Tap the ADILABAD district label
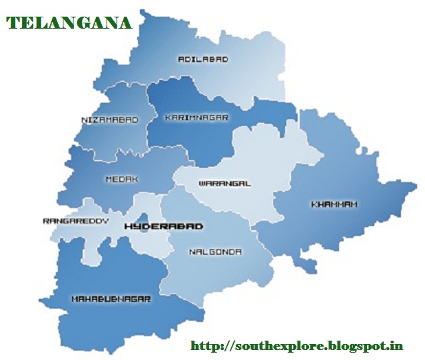click(203, 59)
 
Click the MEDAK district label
click(122, 179)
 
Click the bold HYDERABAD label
click(164, 227)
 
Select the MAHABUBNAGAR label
click(111, 299)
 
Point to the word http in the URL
click(203, 345)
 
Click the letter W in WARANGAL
click(201, 183)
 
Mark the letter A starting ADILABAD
click(181, 59)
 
